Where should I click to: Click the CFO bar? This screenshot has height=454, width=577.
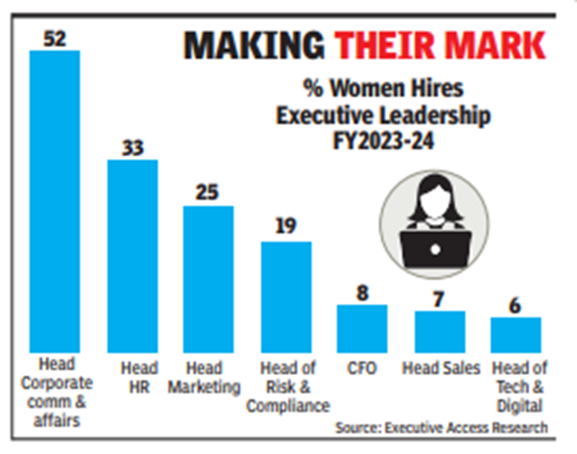[x=363, y=328]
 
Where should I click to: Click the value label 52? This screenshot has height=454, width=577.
[x=55, y=38]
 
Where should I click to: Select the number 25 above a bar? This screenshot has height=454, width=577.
[x=209, y=192]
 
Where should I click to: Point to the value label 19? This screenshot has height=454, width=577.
[x=286, y=228]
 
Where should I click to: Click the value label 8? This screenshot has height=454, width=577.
[x=363, y=292]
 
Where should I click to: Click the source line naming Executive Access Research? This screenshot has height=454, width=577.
[x=442, y=427]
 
